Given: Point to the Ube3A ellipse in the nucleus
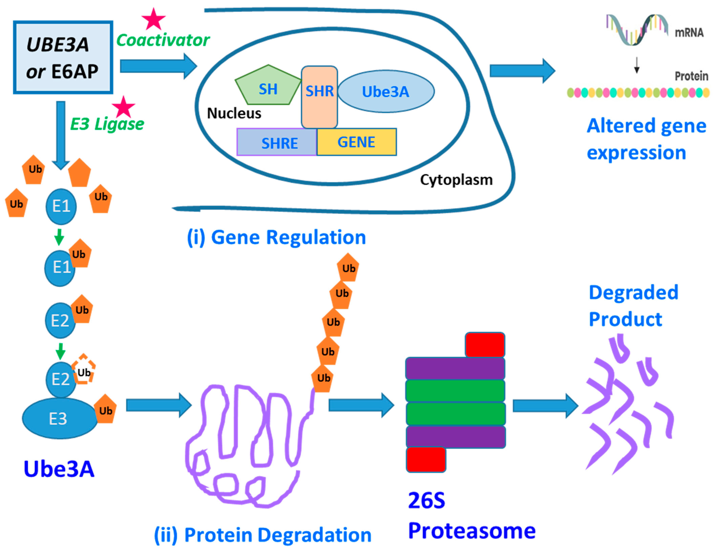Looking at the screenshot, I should pos(386,92).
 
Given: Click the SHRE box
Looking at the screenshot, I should pos(277,142).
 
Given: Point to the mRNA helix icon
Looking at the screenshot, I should pos(637,29).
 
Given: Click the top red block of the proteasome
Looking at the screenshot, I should pos(485,345).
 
